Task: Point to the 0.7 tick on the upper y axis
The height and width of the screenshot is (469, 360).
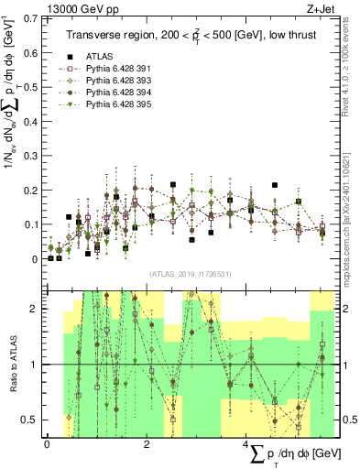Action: point(34,17)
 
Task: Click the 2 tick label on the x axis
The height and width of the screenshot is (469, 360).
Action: point(147,444)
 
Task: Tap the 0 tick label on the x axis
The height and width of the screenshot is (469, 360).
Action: point(47,444)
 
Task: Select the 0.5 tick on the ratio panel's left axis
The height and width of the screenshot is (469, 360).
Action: point(34,420)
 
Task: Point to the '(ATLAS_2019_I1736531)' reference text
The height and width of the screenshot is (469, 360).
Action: point(190,273)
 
